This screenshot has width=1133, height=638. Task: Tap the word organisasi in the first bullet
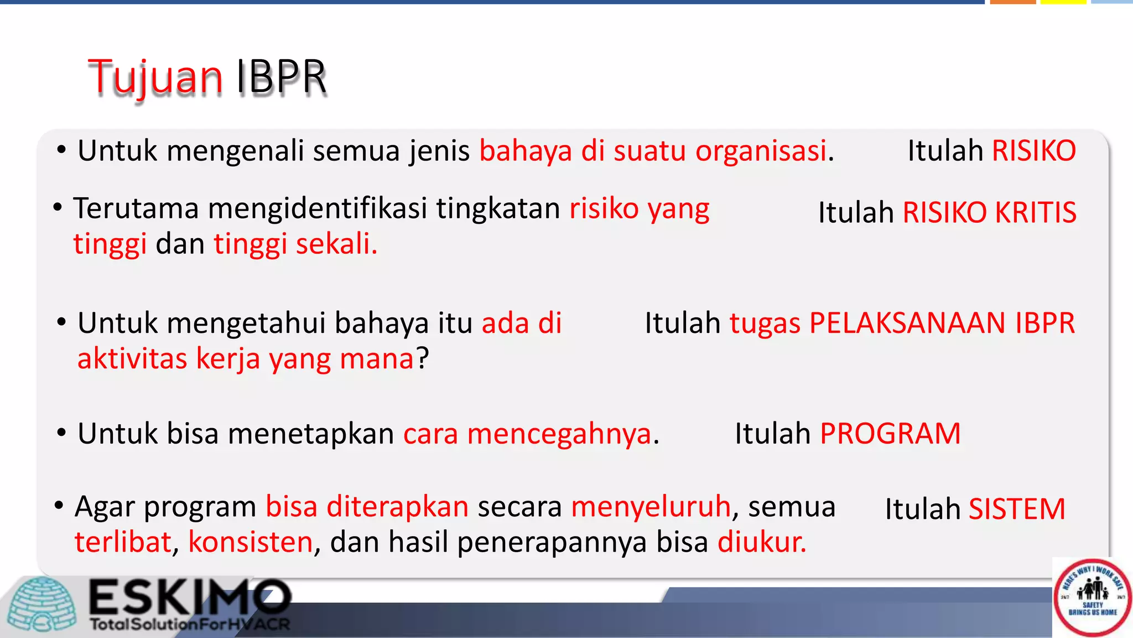(761, 151)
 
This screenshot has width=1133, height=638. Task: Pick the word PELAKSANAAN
(907, 323)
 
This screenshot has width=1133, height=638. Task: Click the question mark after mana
(423, 359)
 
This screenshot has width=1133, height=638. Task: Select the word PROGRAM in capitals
(890, 434)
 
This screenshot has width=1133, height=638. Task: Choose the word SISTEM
(1017, 510)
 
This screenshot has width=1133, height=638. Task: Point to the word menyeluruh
(651, 507)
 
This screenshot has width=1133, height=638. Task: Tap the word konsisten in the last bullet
(251, 542)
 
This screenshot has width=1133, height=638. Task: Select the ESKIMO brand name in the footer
(190, 597)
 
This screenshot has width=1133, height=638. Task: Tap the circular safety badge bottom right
(1092, 598)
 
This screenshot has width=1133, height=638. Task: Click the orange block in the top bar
(1012, 2)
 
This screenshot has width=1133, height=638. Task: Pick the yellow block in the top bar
(1063, 2)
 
